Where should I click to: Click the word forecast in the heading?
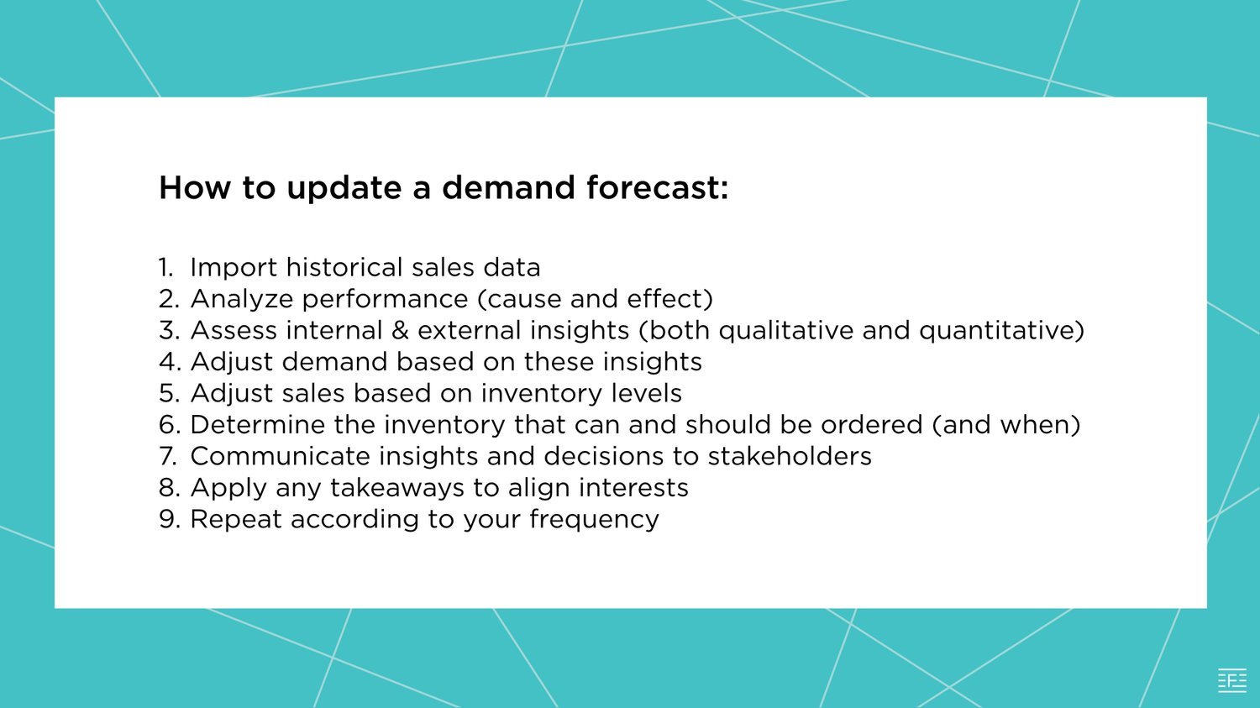[x=657, y=187]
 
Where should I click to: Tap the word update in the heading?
[x=344, y=189]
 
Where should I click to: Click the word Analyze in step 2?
[x=241, y=299]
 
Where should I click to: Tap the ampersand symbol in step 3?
[x=400, y=330]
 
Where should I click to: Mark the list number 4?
[x=168, y=362]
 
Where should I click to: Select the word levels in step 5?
[x=646, y=393]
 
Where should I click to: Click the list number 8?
[x=168, y=488]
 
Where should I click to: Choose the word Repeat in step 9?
[x=236, y=520]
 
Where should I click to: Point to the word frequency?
[x=594, y=520]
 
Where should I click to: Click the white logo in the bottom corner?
[x=1232, y=680]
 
